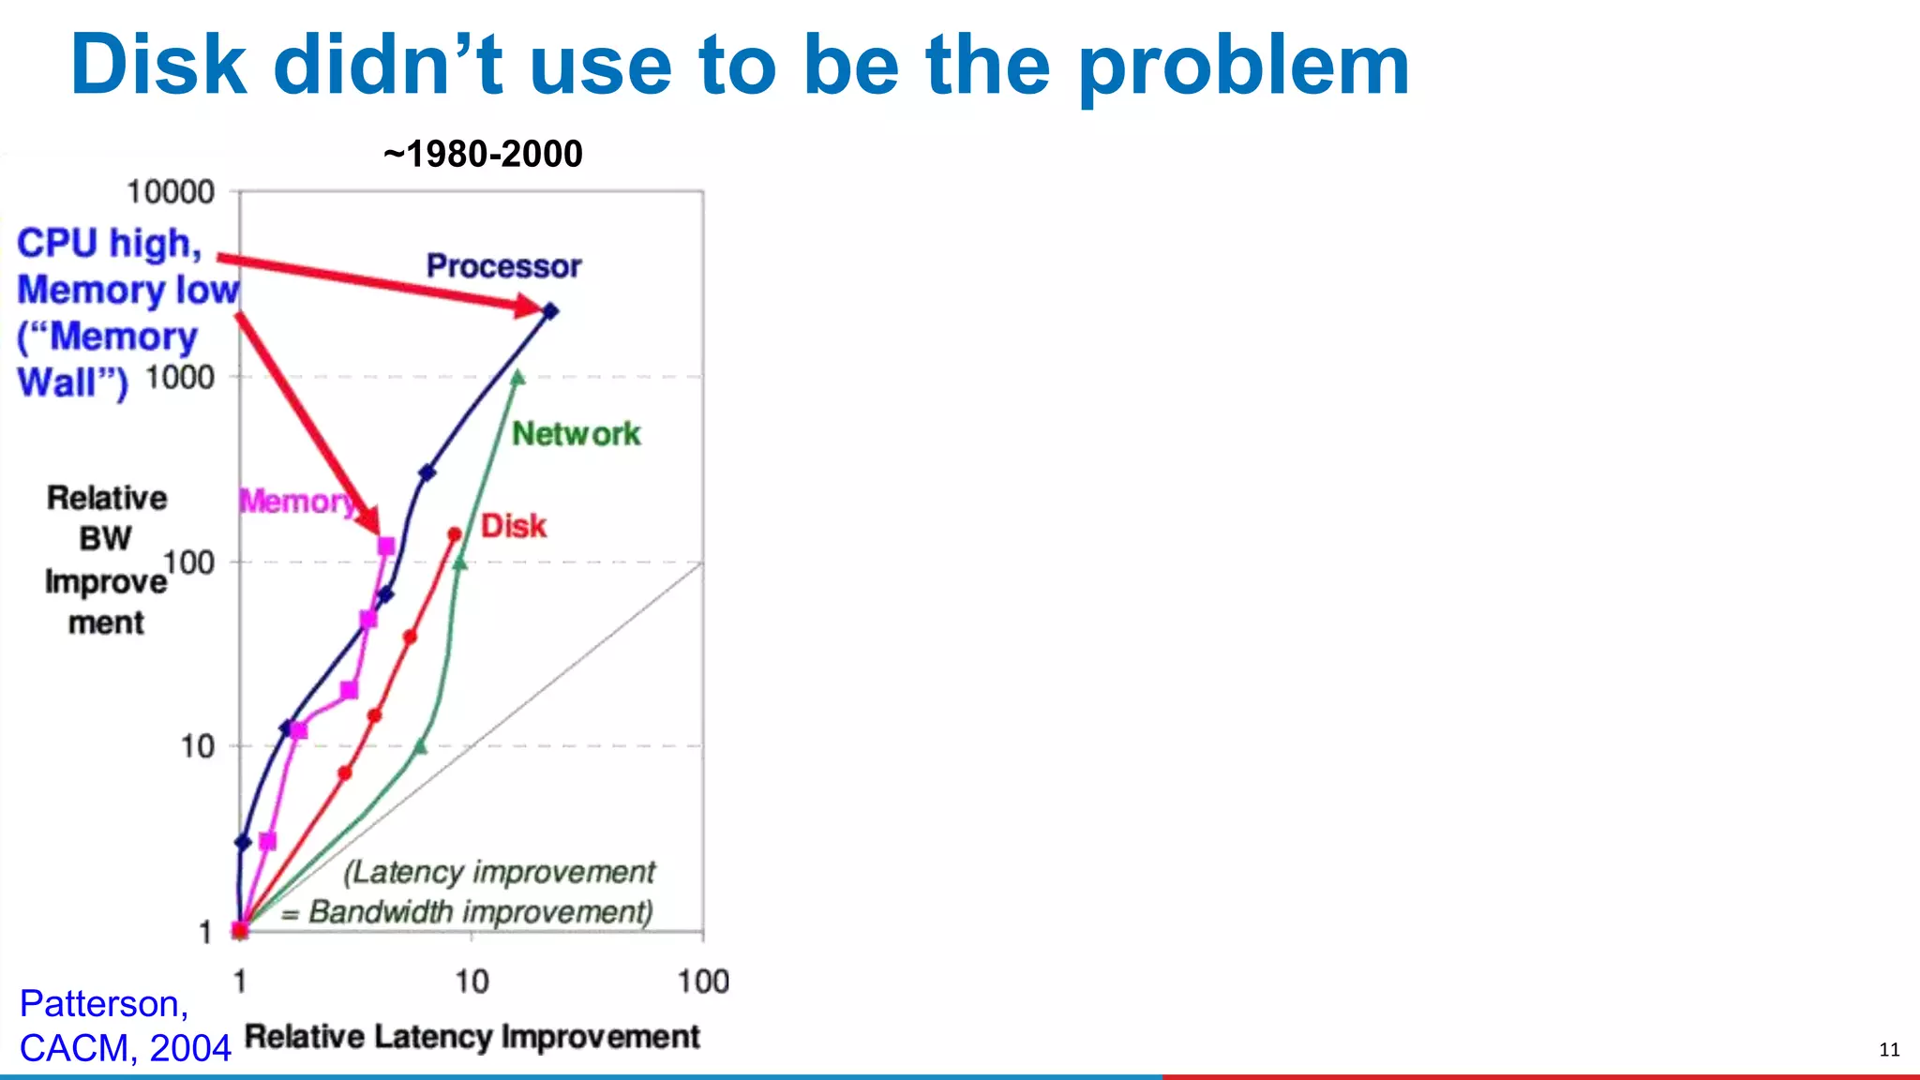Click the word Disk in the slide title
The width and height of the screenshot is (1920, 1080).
coord(158,66)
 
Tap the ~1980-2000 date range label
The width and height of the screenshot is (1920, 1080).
coord(483,154)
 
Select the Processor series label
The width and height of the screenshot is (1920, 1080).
coord(503,266)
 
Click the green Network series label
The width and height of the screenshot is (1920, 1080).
coord(576,434)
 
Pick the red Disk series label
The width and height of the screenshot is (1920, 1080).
coord(513,526)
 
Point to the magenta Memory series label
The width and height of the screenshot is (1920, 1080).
coord(296,502)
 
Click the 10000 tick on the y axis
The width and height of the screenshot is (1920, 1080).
coord(171,192)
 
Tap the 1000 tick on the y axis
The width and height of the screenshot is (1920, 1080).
coord(180,378)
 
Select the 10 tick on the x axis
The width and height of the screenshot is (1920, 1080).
coord(472,982)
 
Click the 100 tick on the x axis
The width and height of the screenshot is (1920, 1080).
coord(703,982)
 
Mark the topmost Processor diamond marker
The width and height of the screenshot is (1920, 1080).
coord(551,311)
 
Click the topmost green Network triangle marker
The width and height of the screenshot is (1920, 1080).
coord(517,378)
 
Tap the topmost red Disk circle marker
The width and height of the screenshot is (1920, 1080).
coord(455,534)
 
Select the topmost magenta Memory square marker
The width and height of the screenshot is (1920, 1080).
coord(385,547)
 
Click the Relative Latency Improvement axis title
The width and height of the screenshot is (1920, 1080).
coord(472,1037)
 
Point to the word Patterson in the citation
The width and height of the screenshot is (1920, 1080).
coord(103,1004)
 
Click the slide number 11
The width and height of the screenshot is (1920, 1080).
coord(1889,1050)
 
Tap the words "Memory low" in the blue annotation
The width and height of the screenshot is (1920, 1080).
coord(128,290)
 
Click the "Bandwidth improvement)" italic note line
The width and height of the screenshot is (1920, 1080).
coord(480,911)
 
